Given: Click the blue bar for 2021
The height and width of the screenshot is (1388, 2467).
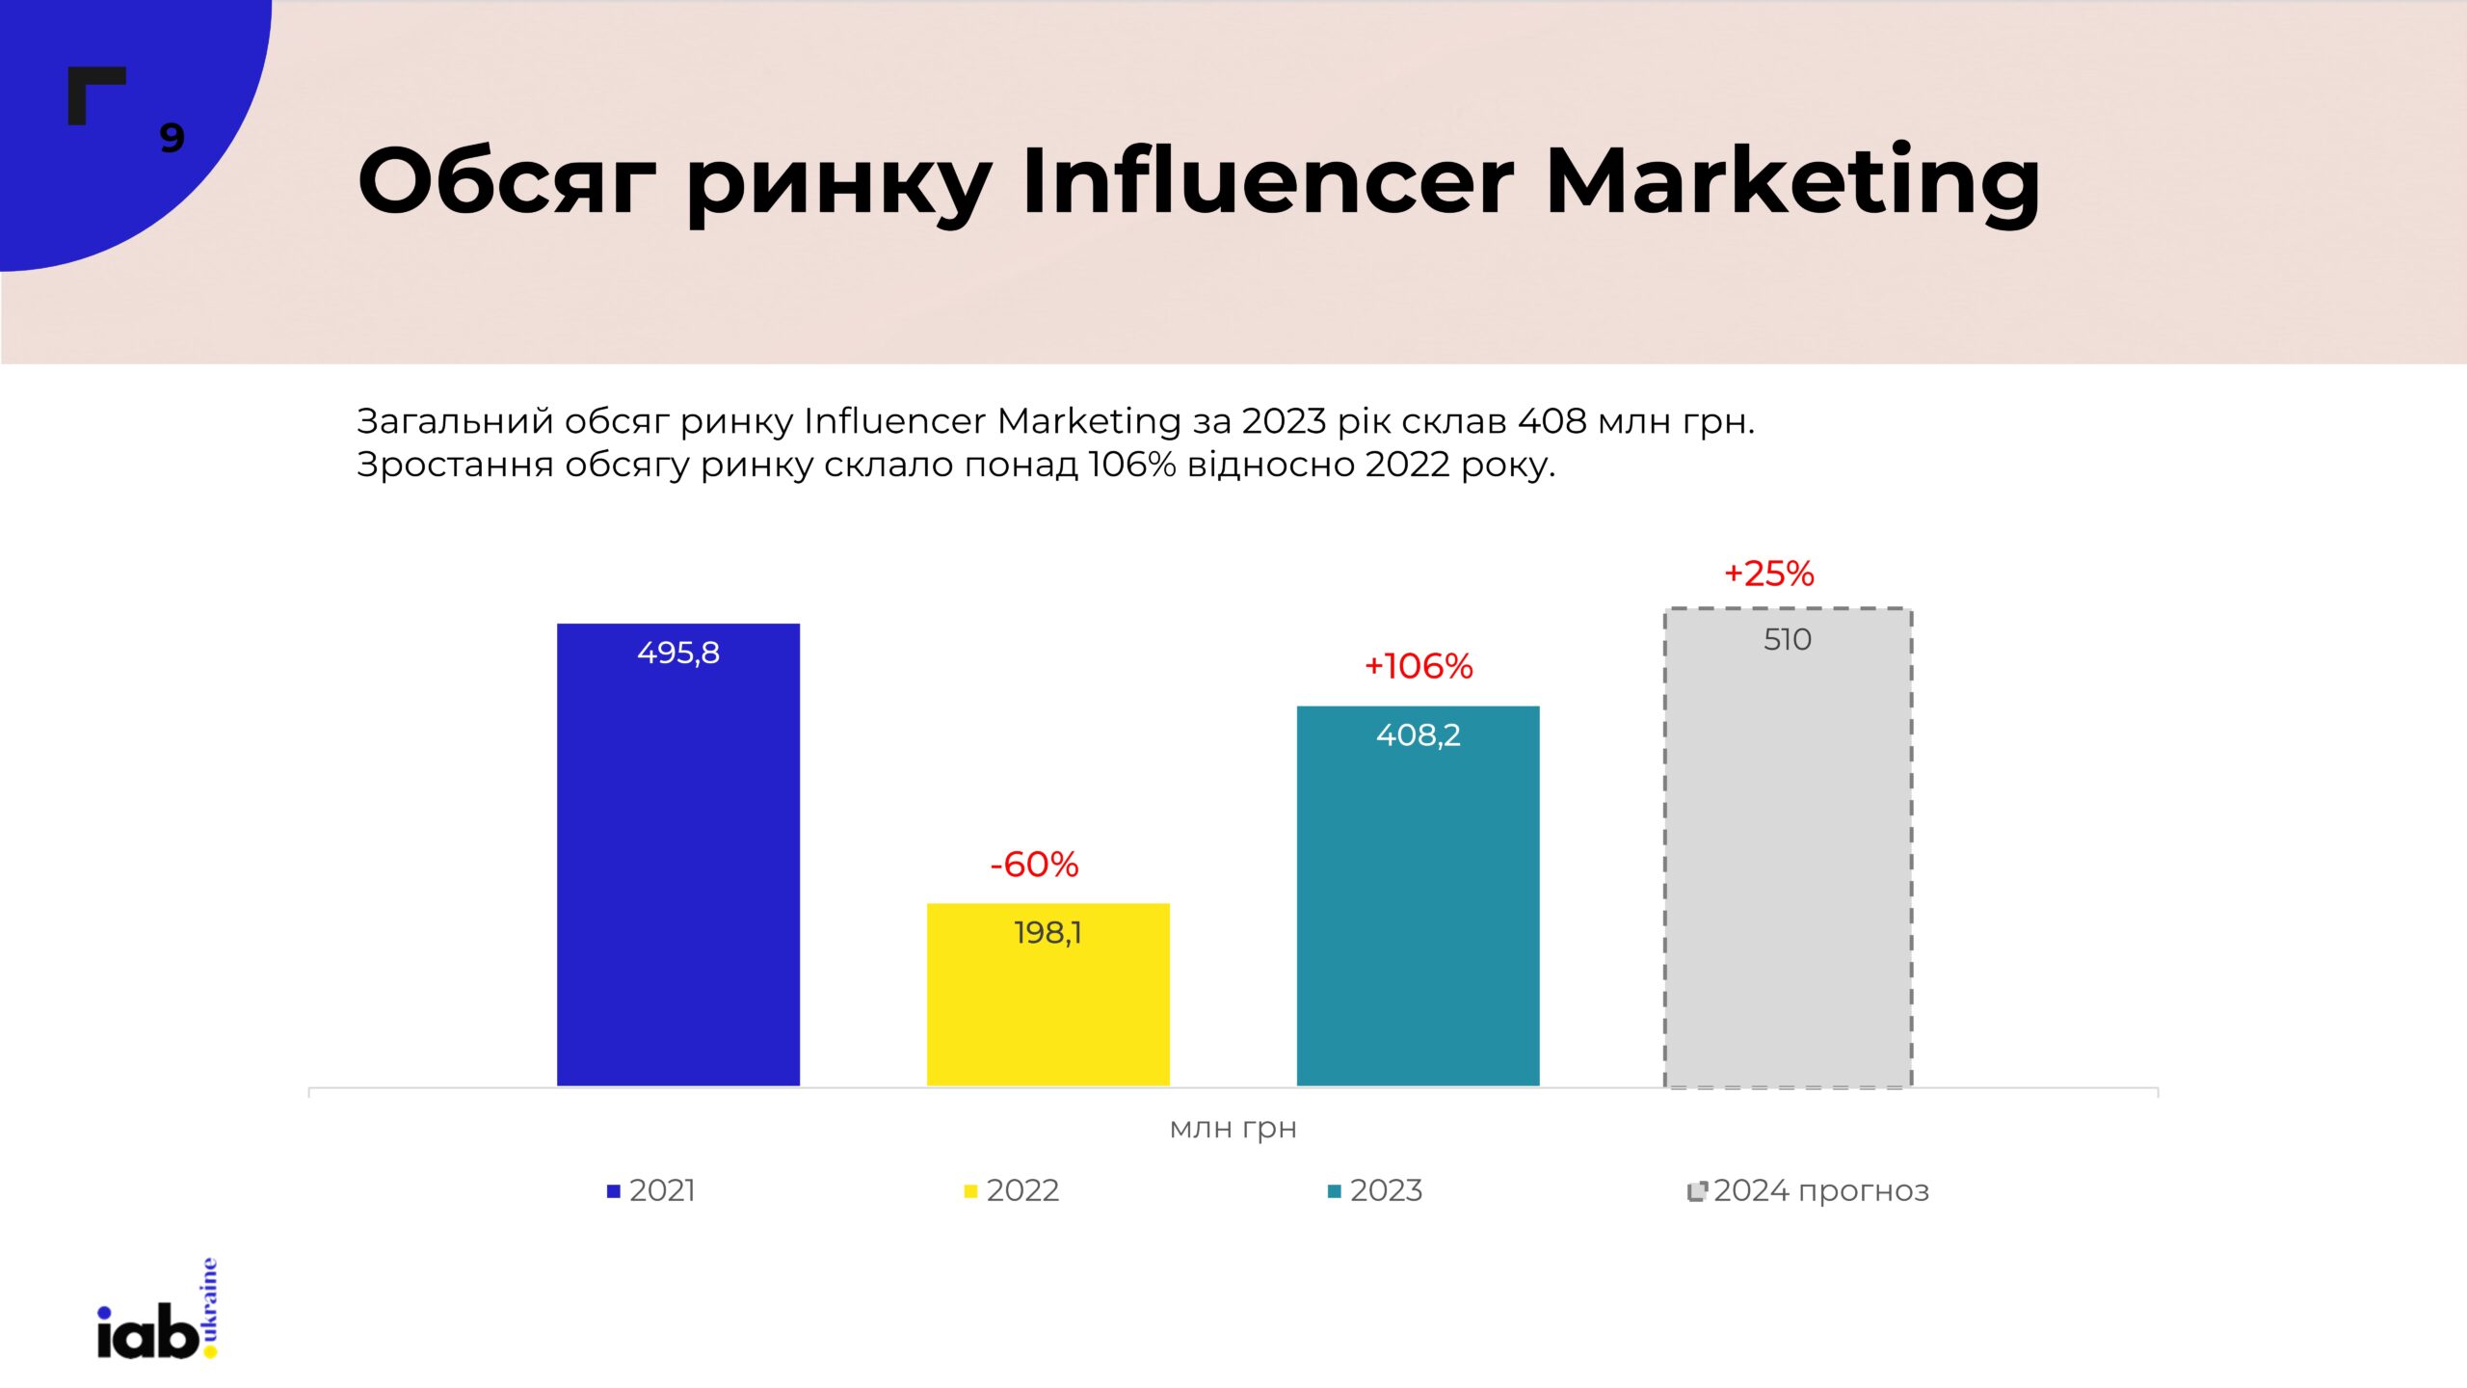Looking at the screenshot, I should click(677, 867).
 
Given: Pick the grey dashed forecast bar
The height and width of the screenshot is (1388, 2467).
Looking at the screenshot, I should click(1788, 867).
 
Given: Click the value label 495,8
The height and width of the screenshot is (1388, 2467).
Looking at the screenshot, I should click(677, 654).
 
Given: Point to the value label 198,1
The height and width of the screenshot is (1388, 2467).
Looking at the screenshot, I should click(1048, 933).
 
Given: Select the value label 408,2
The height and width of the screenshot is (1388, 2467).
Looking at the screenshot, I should click(1418, 735).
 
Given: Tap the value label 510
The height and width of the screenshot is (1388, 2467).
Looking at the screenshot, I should click(1788, 640).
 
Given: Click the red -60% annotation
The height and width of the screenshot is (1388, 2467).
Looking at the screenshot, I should click(1034, 865).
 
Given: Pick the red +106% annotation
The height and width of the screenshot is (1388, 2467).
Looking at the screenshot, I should click(1419, 666).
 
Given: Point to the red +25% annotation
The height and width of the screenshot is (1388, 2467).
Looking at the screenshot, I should click(1768, 574).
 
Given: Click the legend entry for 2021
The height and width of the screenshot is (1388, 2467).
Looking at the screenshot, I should click(651, 1191).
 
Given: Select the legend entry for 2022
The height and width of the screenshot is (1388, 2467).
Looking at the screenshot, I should click(1012, 1191).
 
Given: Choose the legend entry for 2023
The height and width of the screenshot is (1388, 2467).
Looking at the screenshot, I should click(1375, 1191).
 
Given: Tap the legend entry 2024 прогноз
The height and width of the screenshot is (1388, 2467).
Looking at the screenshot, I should click(1809, 1191).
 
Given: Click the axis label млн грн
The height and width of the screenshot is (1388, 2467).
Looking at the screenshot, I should click(1233, 1128).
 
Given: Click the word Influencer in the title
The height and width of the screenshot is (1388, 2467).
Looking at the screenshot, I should click(1267, 181).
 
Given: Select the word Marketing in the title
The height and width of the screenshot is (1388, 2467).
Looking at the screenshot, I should click(1792, 181).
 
